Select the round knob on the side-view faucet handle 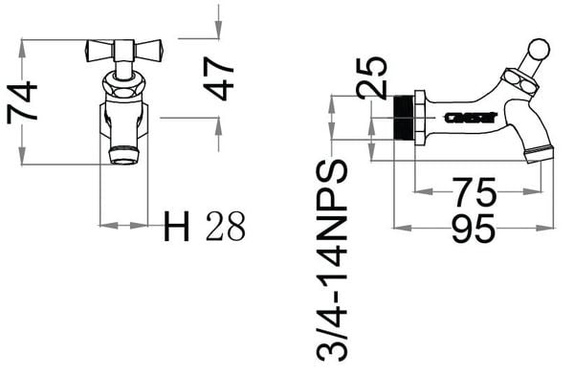[539, 50]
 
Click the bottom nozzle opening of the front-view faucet [124, 153]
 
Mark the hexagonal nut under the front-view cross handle [124, 87]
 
